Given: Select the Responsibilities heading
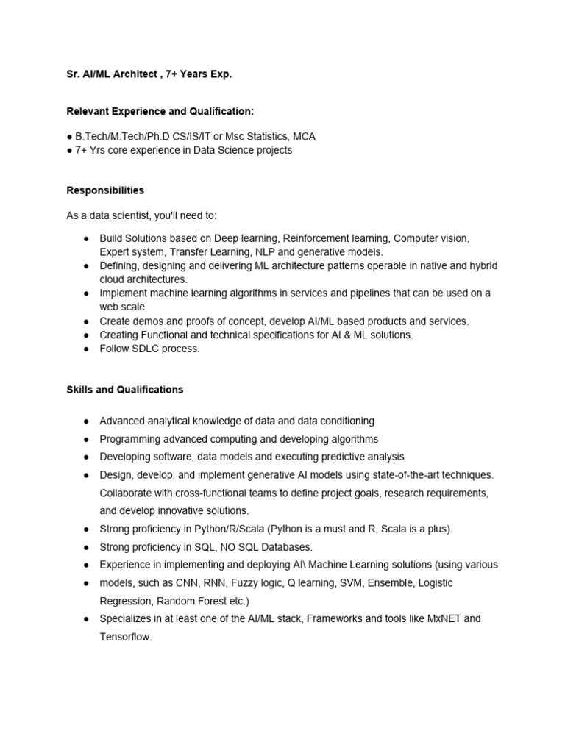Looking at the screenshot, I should [105, 190].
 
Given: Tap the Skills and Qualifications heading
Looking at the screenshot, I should [125, 390].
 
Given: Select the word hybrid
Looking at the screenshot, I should [483, 266].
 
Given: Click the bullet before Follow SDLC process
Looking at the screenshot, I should [86, 349].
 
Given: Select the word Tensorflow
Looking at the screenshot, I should [125, 637].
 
